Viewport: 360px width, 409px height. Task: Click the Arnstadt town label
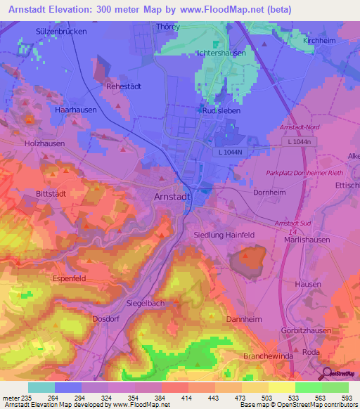pos(172,197)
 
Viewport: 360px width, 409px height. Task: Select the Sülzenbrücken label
pos(61,32)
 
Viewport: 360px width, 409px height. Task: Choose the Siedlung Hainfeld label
pos(224,235)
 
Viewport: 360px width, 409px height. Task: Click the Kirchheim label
pos(319,41)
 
